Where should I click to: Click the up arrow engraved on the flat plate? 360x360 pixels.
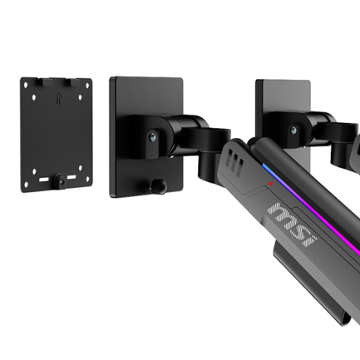pos(58,99)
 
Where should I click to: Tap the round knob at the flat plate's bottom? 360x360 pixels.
pos(60,180)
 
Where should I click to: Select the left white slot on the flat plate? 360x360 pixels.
pos(43,180)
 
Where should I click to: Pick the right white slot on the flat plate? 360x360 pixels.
pos(72,177)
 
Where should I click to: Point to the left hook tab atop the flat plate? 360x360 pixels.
pos(43,81)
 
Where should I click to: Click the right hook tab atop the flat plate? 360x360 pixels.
pos(71,81)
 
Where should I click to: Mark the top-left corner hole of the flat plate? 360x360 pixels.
pos(26,85)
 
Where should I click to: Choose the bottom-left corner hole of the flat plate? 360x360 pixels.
pos(27,185)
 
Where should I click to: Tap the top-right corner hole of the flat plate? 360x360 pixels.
pos(88,85)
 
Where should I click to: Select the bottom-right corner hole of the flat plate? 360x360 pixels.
pos(88,180)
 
